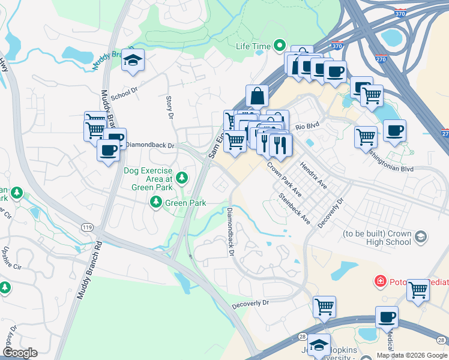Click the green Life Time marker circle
(x=279, y=45)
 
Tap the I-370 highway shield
(x=337, y=46)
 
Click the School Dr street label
(x=124, y=93)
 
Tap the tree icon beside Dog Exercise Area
(x=182, y=178)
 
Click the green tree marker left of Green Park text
(x=156, y=203)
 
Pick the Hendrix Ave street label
(x=313, y=174)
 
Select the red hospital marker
(x=379, y=281)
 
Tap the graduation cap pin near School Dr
(x=133, y=60)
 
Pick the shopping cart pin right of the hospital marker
(x=418, y=290)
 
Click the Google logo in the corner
(x=20, y=353)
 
